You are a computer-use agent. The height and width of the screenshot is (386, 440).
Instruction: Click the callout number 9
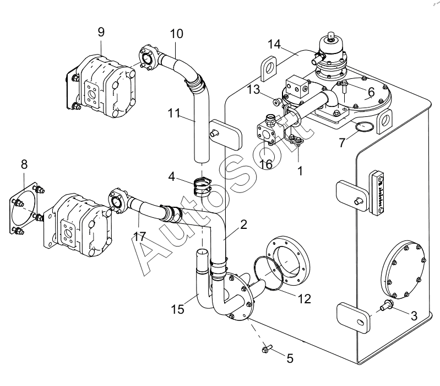click(x=101, y=32)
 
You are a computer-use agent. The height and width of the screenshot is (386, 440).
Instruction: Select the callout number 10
click(x=177, y=34)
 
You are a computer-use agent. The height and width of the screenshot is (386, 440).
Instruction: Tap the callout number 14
click(x=274, y=44)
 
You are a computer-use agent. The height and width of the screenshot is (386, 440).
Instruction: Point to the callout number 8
click(x=24, y=164)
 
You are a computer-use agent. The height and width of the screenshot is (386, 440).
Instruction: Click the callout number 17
click(x=139, y=237)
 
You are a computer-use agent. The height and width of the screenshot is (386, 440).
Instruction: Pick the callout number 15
click(x=178, y=309)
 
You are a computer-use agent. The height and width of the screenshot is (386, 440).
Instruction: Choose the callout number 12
click(x=305, y=299)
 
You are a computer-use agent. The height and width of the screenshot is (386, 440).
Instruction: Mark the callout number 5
click(x=290, y=358)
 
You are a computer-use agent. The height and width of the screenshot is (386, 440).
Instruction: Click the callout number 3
click(x=414, y=316)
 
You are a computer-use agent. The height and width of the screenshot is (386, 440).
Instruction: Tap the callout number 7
click(x=342, y=143)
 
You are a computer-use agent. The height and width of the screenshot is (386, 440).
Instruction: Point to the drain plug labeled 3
click(x=386, y=305)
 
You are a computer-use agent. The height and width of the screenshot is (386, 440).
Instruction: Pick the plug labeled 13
click(x=277, y=101)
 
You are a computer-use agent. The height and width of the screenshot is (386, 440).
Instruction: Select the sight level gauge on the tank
click(x=377, y=192)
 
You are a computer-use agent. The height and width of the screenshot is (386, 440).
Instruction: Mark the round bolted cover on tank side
click(x=404, y=269)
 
